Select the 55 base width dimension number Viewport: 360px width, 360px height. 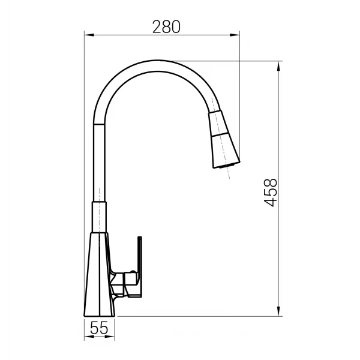pos(98,328)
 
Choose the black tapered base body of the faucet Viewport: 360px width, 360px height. pos(96,276)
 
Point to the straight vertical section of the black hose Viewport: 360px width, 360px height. pos(98,162)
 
